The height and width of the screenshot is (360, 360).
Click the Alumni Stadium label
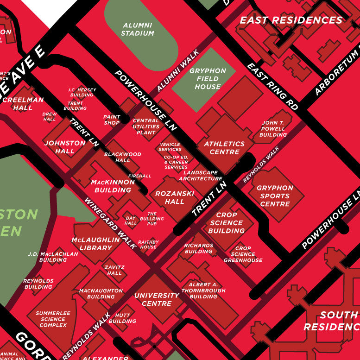pos(137,29)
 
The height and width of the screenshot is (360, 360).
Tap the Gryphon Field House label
pos(208,79)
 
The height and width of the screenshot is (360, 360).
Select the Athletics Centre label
pos(224,148)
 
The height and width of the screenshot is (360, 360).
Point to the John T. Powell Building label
pos(273,129)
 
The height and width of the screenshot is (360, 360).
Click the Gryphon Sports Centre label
pos(275,196)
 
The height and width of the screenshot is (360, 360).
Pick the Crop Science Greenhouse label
pos(243,254)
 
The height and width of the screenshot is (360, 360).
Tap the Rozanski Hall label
pos(175,197)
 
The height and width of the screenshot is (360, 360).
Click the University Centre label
pos(157,299)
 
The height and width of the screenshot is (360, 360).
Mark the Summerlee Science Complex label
pos(53,319)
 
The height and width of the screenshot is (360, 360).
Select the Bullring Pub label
pos(152,219)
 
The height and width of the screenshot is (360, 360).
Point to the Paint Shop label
pos(112,120)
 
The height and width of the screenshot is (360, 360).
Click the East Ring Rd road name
pos(272,87)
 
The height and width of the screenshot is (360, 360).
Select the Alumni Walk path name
pos(177,71)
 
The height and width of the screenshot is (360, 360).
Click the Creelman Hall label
pos(23,103)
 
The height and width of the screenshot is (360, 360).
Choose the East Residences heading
pos(291,20)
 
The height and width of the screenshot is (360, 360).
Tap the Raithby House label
pos(148,244)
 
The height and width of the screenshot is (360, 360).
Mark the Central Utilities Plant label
pos(146,126)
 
